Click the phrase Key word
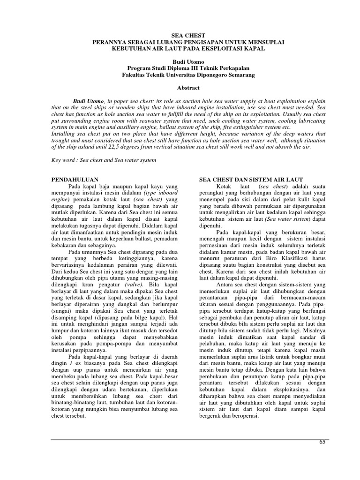[63, 160]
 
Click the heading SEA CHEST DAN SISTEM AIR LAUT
[251, 180]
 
